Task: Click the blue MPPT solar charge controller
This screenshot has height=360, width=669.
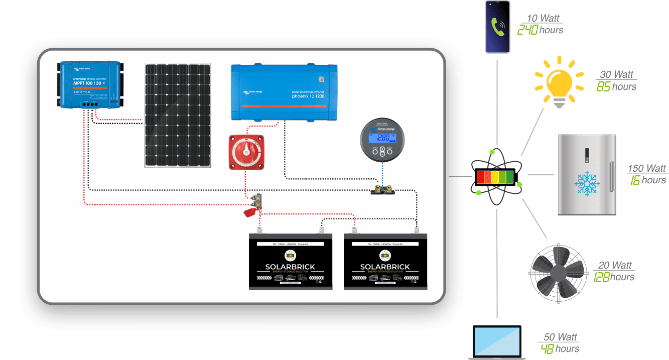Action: (89, 84)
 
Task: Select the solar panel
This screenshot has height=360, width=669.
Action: (178, 115)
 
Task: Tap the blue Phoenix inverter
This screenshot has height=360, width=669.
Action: (284, 91)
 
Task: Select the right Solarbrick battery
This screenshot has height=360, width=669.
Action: (386, 261)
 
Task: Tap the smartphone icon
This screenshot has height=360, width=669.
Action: (497, 27)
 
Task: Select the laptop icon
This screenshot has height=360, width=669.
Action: (497, 342)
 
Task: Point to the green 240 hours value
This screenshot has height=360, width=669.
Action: (528, 30)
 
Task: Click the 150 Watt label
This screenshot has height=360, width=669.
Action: (647, 169)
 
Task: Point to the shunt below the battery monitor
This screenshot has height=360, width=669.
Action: (382, 191)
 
